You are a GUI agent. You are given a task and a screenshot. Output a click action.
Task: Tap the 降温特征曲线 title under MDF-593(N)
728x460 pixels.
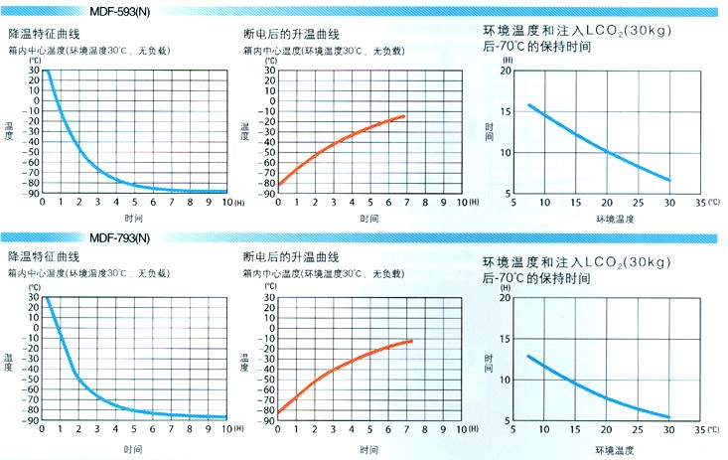coord(45,34)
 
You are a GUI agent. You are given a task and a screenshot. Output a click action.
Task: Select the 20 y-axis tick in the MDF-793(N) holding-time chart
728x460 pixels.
coord(507,297)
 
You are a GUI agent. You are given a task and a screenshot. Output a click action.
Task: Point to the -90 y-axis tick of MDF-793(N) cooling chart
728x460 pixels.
coord(32,420)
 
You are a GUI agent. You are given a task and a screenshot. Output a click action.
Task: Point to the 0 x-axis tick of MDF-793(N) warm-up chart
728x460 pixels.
coord(279,430)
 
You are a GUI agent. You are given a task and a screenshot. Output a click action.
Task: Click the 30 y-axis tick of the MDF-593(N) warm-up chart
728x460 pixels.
coord(268,72)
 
